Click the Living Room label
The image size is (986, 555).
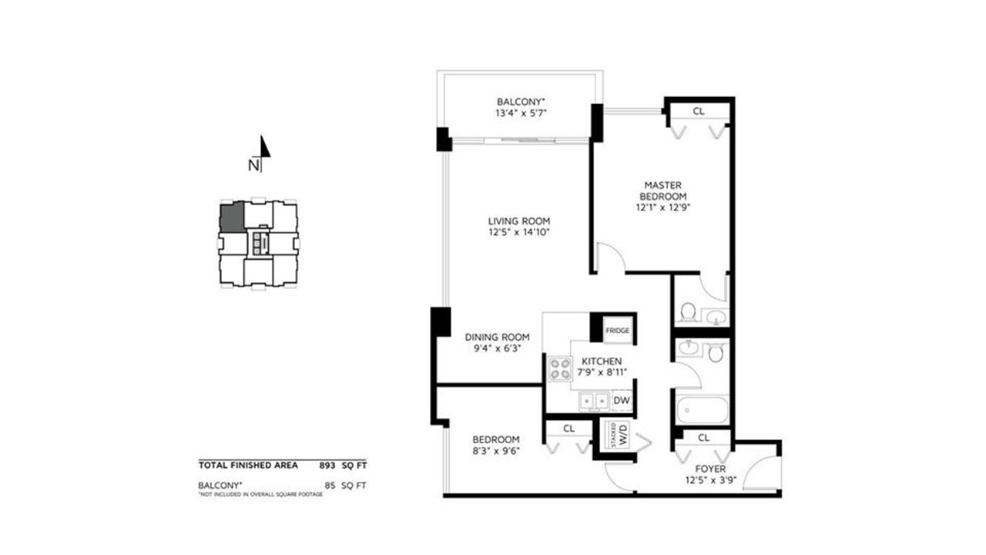(519, 221)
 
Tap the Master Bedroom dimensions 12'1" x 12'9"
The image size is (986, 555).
(663, 207)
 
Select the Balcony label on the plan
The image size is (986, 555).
(521, 103)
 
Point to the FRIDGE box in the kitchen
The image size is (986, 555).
(618, 331)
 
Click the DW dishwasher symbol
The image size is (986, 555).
(622, 401)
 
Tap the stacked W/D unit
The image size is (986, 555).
(619, 435)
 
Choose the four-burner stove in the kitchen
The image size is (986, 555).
(560, 369)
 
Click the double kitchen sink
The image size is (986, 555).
(594, 401)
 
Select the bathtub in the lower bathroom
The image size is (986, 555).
(702, 411)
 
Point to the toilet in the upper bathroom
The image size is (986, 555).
(688, 311)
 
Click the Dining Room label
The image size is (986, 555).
(497, 338)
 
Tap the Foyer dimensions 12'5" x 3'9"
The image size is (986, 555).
(710, 480)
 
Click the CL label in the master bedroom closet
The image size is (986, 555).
(699, 112)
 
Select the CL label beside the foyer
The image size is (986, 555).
(703, 438)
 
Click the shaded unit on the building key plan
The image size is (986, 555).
(232, 217)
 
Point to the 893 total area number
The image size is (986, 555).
(327, 466)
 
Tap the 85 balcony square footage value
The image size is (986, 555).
(330, 486)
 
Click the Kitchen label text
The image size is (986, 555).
(602, 362)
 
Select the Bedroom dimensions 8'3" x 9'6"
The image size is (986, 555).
(496, 451)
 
